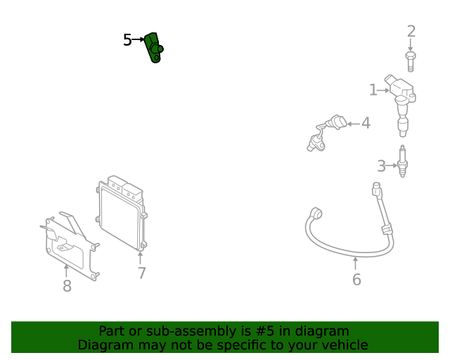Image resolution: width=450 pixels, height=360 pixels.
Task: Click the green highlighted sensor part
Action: pyautogui.click(x=154, y=47)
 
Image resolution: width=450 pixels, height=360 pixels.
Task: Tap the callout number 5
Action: pyautogui.click(x=127, y=40)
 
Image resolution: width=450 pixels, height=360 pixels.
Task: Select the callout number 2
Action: pyautogui.click(x=411, y=31)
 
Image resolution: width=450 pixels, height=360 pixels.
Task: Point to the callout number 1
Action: pyautogui.click(x=373, y=89)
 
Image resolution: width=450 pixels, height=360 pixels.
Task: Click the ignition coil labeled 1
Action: pyautogui.click(x=401, y=102)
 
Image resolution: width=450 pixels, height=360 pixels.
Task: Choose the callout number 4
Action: pyautogui.click(x=366, y=124)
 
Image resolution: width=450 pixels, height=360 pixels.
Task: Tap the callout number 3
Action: pyautogui.click(x=381, y=166)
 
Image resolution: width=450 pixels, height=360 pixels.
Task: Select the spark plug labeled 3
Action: pyautogui.click(x=403, y=162)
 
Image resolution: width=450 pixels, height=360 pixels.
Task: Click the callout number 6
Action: pyautogui.click(x=356, y=280)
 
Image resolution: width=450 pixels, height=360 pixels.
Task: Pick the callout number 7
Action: pyautogui.click(x=141, y=273)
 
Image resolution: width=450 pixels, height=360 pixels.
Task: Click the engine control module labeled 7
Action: pyautogui.click(x=122, y=214)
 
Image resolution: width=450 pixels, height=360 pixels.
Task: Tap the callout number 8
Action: pyautogui.click(x=67, y=286)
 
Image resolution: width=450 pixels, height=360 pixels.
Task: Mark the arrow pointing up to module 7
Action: pyautogui.click(x=141, y=258)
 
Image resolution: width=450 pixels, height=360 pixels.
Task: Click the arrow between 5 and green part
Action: pyautogui.click(x=138, y=40)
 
